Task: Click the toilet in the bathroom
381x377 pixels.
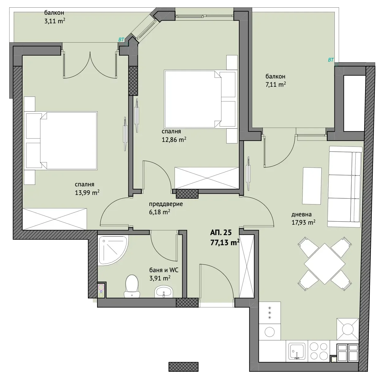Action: tap(132, 286)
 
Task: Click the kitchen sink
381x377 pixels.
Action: tap(297, 351)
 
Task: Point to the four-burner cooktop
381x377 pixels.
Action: tap(319, 351)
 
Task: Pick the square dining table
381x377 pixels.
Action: tap(325, 264)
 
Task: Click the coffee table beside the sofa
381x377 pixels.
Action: tap(312, 186)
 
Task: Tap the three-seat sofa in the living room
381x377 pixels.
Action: tap(345, 186)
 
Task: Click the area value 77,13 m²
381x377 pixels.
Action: tap(225, 242)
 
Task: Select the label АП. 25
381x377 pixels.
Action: tap(221, 233)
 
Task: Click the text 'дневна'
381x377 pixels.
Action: tap(301, 214)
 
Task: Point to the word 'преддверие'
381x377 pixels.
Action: tap(166, 204)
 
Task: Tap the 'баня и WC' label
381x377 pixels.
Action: tap(164, 270)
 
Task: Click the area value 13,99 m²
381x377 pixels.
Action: tap(87, 192)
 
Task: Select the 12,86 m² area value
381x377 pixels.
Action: tap(174, 139)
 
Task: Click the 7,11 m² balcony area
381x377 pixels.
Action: tap(276, 85)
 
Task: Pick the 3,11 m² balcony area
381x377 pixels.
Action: tap(55, 21)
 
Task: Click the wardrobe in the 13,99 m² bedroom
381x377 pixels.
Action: tap(55, 219)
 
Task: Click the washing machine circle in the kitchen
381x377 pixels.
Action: tap(270, 332)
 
